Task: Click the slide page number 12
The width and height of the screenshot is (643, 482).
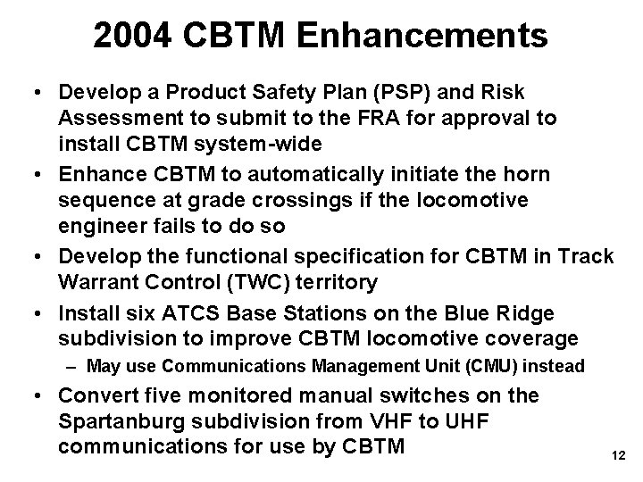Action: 616,456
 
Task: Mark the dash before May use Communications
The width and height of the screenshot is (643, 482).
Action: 72,366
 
